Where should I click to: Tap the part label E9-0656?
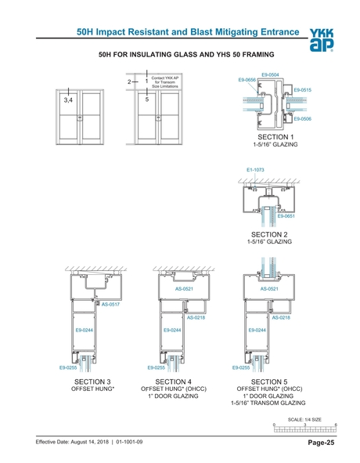point(247,80)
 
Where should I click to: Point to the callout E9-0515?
point(302,90)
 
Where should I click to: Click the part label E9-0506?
point(302,118)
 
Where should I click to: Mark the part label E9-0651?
point(286,215)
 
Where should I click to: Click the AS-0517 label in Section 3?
point(110,303)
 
